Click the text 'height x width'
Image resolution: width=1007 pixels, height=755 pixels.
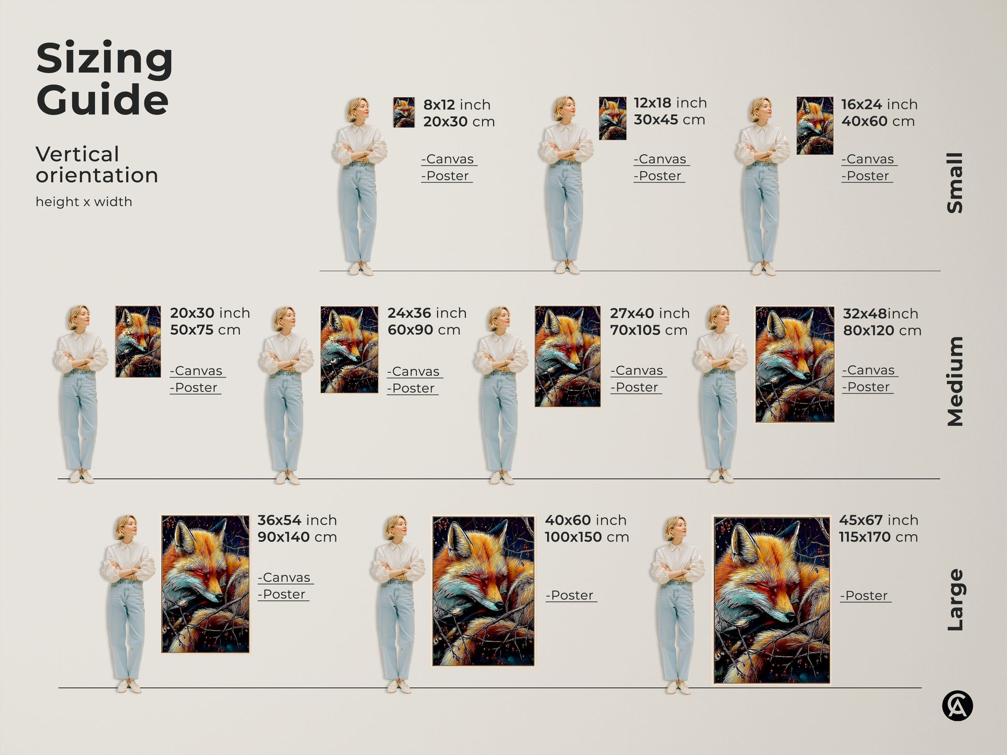point(84,202)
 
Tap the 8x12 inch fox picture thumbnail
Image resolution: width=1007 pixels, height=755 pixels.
point(404,112)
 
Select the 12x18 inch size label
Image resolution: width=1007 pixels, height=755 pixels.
point(670,103)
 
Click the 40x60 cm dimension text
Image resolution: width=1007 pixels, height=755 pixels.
point(878,121)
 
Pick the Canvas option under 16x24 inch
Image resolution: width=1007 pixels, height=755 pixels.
point(869,159)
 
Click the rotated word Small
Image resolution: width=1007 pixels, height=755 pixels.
point(955,183)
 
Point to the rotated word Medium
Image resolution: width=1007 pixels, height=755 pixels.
point(955,381)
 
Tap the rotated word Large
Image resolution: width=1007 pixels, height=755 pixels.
point(955,600)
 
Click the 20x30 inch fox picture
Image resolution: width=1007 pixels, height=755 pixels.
point(138,342)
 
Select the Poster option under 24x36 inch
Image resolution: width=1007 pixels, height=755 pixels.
point(413,389)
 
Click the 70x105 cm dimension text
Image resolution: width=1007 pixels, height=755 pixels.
point(648,330)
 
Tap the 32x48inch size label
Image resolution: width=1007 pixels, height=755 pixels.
point(880,314)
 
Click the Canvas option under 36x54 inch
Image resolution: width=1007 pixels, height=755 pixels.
point(286,578)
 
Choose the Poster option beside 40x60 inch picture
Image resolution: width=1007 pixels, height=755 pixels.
point(571,596)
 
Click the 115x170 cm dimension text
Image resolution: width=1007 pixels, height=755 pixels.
point(878,537)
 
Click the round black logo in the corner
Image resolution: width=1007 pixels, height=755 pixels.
point(957,706)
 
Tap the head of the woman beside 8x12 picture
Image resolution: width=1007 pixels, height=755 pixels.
point(358,109)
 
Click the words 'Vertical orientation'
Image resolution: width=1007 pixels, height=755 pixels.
point(97,165)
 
